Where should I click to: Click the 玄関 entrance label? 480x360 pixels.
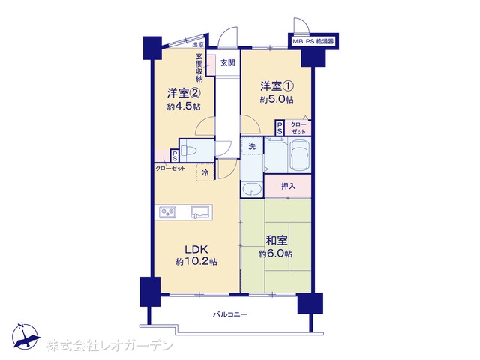228,63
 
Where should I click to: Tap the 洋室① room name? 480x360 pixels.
277,86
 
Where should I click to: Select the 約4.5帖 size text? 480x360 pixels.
184,106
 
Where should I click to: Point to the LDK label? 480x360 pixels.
196,250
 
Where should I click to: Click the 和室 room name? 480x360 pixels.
277,241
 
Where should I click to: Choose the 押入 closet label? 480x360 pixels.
288,186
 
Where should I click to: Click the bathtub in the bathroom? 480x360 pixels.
300,155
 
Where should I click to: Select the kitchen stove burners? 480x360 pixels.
167,211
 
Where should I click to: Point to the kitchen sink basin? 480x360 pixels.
200,211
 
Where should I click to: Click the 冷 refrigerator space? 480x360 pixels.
205,173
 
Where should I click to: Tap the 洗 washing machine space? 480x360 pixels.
252,147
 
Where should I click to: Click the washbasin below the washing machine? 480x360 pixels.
252,190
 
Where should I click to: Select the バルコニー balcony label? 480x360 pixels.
230,314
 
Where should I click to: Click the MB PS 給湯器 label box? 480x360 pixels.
313,42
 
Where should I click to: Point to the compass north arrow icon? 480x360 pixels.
25,336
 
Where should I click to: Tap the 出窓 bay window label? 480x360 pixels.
198,45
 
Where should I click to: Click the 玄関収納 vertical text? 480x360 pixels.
199,67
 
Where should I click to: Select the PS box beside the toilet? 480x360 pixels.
175,156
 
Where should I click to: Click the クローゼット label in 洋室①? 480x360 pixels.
298,128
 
